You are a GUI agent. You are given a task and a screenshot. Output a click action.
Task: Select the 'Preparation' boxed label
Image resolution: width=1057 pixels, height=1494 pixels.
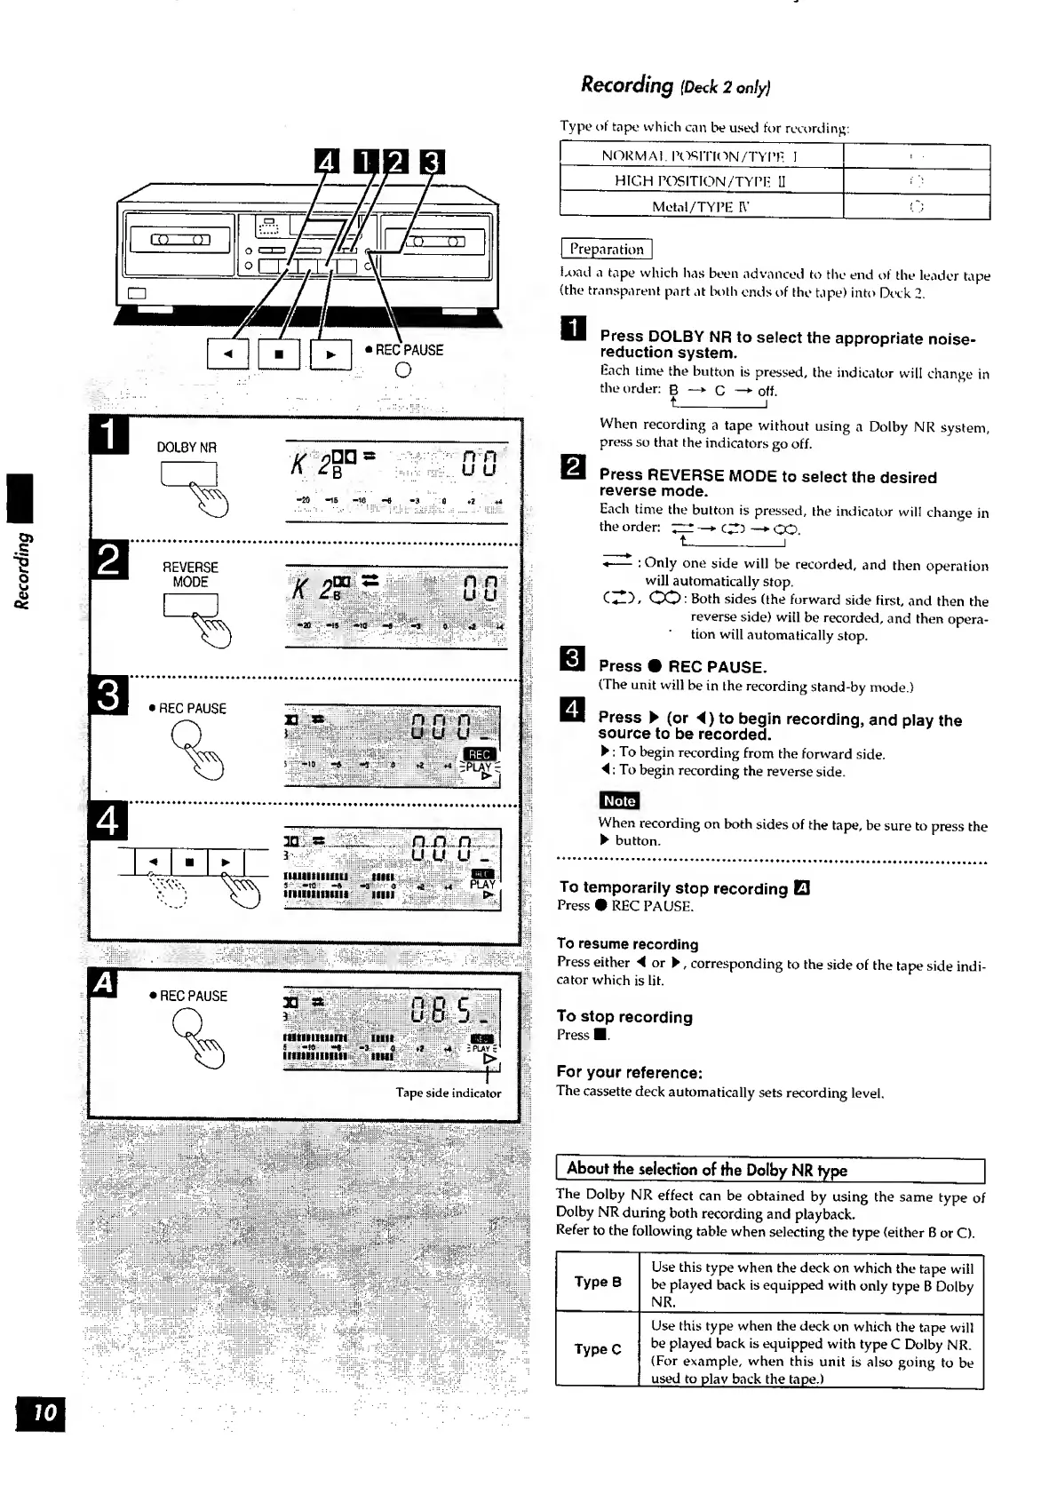tap(606, 250)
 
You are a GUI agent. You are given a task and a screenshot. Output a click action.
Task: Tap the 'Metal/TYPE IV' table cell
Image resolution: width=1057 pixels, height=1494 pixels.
tap(701, 207)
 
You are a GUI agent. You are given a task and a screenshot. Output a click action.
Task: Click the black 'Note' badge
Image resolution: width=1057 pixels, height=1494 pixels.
tap(619, 800)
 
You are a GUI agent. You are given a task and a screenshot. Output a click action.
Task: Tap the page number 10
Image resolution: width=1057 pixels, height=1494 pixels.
tap(42, 1412)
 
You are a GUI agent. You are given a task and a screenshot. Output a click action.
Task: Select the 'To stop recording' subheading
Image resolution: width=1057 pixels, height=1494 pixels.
tap(624, 1017)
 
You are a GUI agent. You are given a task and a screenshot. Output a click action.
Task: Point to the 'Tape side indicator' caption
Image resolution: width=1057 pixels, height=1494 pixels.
tap(448, 1093)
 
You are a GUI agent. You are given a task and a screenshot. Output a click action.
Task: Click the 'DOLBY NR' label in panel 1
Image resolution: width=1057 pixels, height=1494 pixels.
tap(187, 448)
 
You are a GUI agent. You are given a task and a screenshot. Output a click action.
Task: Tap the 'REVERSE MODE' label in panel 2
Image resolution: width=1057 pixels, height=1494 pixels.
tap(190, 575)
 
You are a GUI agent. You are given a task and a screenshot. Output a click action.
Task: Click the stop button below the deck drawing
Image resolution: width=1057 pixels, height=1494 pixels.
tap(279, 354)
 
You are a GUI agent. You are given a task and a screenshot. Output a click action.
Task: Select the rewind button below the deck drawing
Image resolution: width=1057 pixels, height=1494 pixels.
tap(227, 354)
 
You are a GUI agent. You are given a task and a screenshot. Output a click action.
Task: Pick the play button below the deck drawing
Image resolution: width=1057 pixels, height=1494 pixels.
tap(330, 354)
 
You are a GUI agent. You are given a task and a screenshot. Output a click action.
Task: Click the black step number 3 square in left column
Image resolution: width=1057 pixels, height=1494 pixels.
tap(109, 695)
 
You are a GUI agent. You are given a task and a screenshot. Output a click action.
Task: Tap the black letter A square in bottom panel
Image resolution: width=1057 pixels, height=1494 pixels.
tap(104, 984)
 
